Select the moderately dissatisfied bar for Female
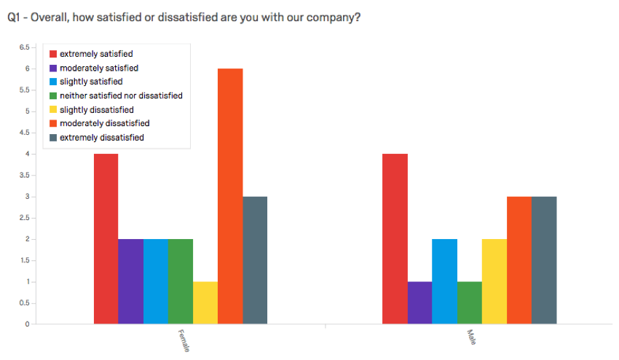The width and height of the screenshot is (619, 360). [x=230, y=196]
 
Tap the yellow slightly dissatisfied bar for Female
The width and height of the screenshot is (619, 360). [x=205, y=302]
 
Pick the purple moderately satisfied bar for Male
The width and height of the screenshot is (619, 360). [x=419, y=302]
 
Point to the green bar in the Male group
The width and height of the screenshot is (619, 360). [x=469, y=302]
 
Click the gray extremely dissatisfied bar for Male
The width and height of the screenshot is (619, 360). [x=544, y=260]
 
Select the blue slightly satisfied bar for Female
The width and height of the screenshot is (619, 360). [x=156, y=281]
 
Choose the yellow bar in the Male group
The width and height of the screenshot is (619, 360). [x=494, y=281]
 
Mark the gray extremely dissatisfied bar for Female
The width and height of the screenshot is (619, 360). [x=255, y=260]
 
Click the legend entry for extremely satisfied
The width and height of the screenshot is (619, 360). [x=96, y=54]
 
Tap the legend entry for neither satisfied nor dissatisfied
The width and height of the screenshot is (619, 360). [x=121, y=95]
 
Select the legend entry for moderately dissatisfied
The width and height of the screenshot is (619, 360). [x=104, y=123]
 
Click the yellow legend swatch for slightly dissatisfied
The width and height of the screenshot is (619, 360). [x=52, y=109]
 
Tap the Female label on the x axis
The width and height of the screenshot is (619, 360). [x=184, y=341]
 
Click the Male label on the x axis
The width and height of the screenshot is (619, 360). [x=471, y=337]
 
